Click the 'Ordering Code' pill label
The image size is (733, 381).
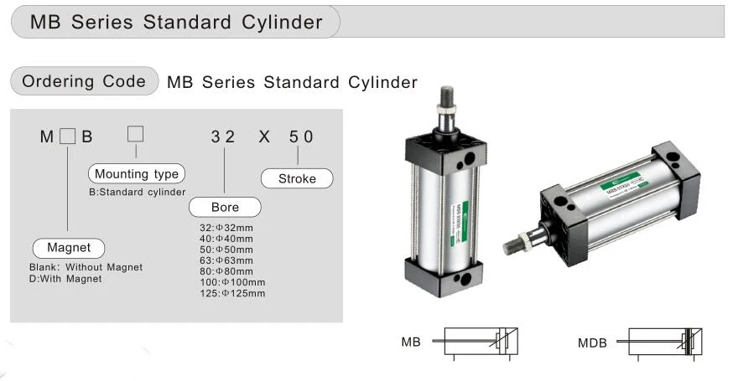83,81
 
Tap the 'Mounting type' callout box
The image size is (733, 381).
136,174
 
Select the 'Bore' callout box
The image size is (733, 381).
225,207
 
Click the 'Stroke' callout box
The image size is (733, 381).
297,178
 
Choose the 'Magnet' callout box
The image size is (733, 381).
69,248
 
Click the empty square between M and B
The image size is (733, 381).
68,136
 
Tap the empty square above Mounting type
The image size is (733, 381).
135,133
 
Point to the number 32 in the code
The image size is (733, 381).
223,136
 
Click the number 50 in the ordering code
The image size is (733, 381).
301,136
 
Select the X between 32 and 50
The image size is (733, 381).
264,136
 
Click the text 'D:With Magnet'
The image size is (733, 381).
65,279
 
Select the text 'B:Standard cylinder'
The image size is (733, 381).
137,192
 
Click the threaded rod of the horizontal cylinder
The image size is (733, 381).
513,248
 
